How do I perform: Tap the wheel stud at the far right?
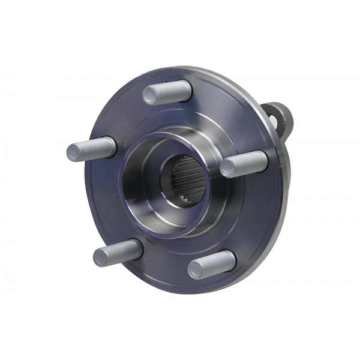(x=243, y=163)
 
